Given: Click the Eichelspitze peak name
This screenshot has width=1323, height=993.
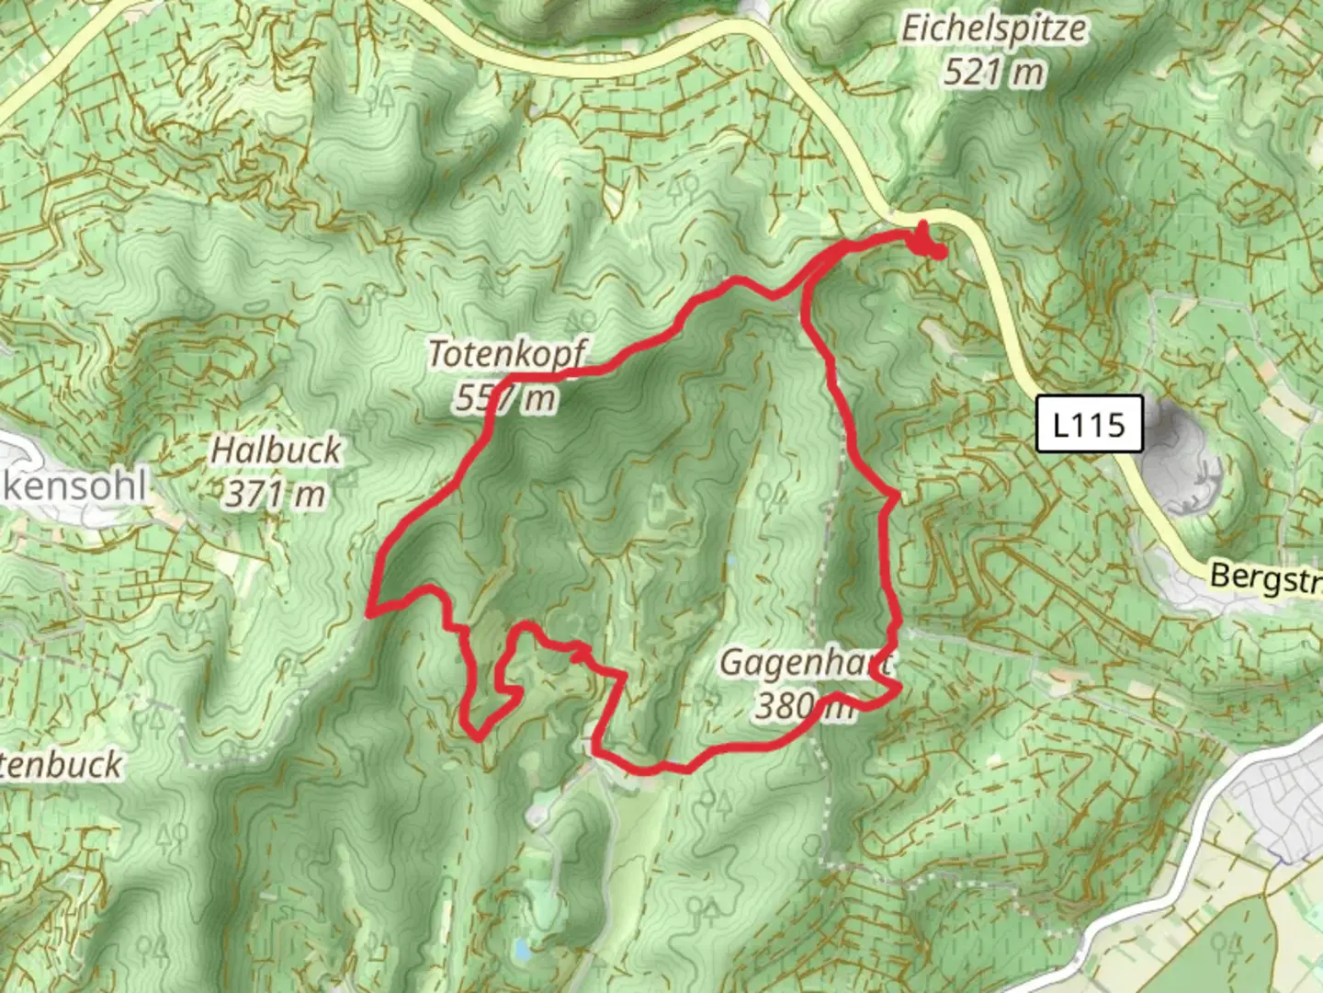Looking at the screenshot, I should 992,29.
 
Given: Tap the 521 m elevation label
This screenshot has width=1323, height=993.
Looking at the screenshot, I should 994,71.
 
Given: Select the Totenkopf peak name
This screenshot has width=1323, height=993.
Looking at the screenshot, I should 507,354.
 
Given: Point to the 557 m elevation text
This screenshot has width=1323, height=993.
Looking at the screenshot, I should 505,398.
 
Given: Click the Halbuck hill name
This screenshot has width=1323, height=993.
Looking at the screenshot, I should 276,451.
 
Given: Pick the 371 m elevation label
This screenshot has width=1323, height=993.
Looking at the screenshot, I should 276,495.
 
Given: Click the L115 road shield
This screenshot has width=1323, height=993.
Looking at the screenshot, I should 1089,424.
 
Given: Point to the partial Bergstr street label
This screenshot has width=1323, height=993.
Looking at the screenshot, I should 1266,578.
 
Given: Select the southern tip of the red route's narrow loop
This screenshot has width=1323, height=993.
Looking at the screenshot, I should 478,736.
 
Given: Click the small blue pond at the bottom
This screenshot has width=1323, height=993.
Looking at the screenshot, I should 522,948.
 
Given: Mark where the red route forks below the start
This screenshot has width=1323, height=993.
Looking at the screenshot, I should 808,276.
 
